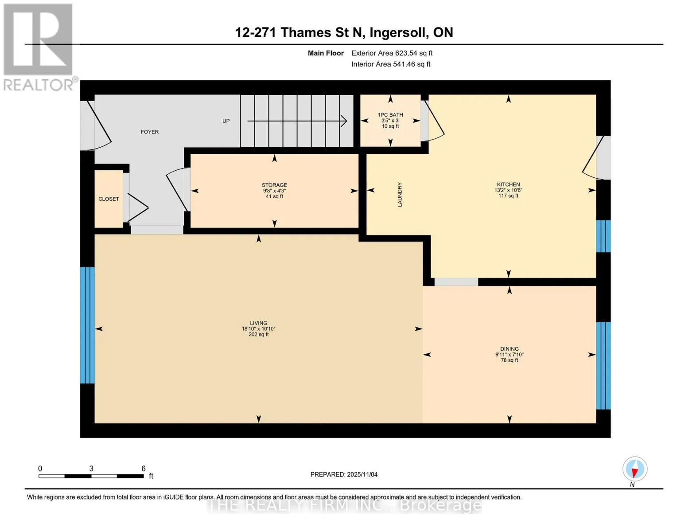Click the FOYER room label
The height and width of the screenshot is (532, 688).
pos(149,132)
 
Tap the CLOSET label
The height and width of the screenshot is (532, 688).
pos(109,199)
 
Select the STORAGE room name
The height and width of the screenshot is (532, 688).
pos(274,185)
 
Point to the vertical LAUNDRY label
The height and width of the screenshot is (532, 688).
pos(400,195)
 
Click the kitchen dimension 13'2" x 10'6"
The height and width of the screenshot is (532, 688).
pos(508,190)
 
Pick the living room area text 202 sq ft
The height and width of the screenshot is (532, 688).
pos(258,335)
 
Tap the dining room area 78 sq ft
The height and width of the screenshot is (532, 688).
pos(509,360)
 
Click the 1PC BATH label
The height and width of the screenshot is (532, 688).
pos(390,115)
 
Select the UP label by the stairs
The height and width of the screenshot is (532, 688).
pos(226,121)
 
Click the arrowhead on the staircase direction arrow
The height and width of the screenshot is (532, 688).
pos(344,121)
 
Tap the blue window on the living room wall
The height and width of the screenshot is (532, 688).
pos(87,325)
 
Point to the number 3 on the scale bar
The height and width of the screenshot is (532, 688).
pos(91,468)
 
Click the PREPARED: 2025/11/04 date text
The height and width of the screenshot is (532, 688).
pos(344,474)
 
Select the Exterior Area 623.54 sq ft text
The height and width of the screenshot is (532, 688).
pos(392,53)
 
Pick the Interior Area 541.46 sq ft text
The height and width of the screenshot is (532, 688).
pos(391,64)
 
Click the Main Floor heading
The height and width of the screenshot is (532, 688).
pos(326,53)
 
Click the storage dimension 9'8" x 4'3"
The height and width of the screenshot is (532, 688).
pos(274,191)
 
